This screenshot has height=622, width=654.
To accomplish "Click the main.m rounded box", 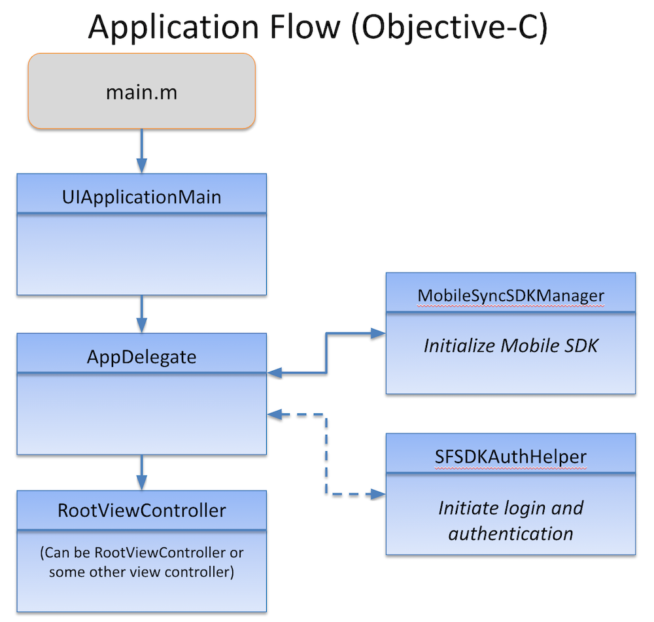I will [x=141, y=92].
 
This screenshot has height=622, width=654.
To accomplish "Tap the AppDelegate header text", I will [x=141, y=356].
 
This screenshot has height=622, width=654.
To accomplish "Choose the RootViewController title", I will [x=141, y=510].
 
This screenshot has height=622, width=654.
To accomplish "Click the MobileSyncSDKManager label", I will [x=511, y=296].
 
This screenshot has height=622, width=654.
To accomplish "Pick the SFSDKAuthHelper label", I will [x=511, y=456].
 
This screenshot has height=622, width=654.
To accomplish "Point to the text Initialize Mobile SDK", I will [x=511, y=345].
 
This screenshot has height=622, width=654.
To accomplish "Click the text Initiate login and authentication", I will [x=511, y=520].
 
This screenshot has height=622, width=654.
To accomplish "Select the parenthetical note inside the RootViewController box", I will [x=141, y=562].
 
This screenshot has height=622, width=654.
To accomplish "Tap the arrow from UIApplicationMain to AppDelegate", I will [x=141, y=314].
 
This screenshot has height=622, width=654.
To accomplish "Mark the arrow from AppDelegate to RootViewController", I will [x=141, y=472].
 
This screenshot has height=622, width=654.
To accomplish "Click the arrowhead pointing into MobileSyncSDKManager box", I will [x=379, y=333].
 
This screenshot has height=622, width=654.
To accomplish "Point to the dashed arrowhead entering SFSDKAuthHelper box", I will [x=379, y=494].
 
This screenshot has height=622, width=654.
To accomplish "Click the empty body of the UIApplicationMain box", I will [x=141, y=254].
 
